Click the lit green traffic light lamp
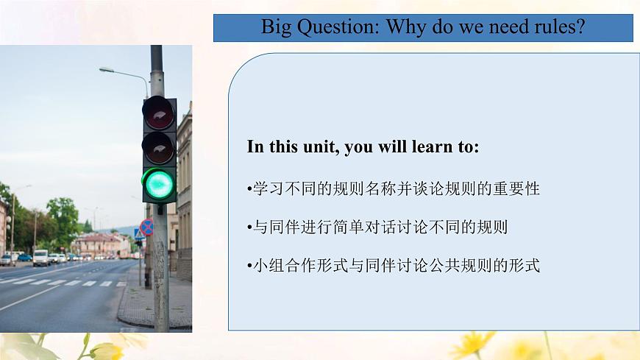(159, 183)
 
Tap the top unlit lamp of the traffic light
(158, 113)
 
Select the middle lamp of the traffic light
(158, 147)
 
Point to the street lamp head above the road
(107, 70)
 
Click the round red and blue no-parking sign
(147, 227)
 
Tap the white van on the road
(40, 258)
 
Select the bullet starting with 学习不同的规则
(393, 189)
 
